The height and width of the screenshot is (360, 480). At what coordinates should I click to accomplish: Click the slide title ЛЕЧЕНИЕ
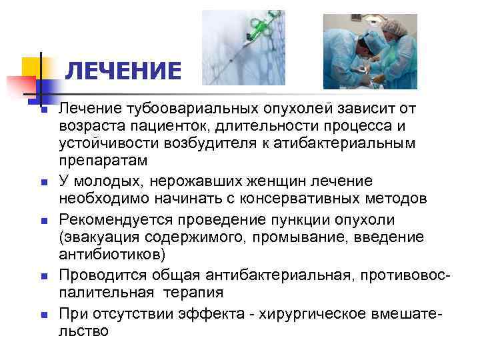pos(124,71)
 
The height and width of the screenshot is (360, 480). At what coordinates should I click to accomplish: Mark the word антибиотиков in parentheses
pos(106,255)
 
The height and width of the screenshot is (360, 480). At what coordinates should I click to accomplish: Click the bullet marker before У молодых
pos(41,182)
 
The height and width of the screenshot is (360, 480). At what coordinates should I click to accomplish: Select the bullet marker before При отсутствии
pos(41,312)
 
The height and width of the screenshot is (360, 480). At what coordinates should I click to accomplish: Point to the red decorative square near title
pos(20,87)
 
